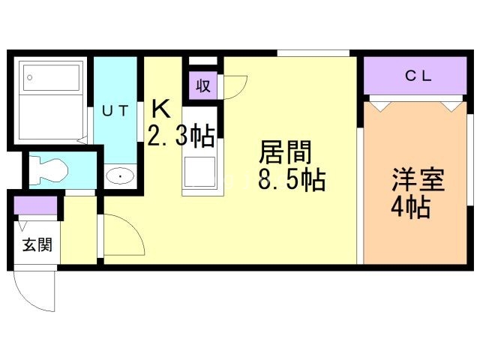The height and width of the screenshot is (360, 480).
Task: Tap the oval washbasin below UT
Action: point(119,177)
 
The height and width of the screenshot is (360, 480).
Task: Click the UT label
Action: point(115,111)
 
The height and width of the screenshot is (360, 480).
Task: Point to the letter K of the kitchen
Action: point(160,109)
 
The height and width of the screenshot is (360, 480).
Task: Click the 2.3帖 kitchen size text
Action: point(181,136)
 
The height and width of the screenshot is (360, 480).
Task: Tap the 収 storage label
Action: point(202,85)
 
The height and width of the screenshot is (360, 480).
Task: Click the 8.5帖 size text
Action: point(292,181)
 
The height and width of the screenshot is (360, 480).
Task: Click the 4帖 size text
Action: point(410,207)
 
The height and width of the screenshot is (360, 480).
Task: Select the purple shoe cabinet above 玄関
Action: point(35,205)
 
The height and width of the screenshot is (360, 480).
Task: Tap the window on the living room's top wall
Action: point(313,52)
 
